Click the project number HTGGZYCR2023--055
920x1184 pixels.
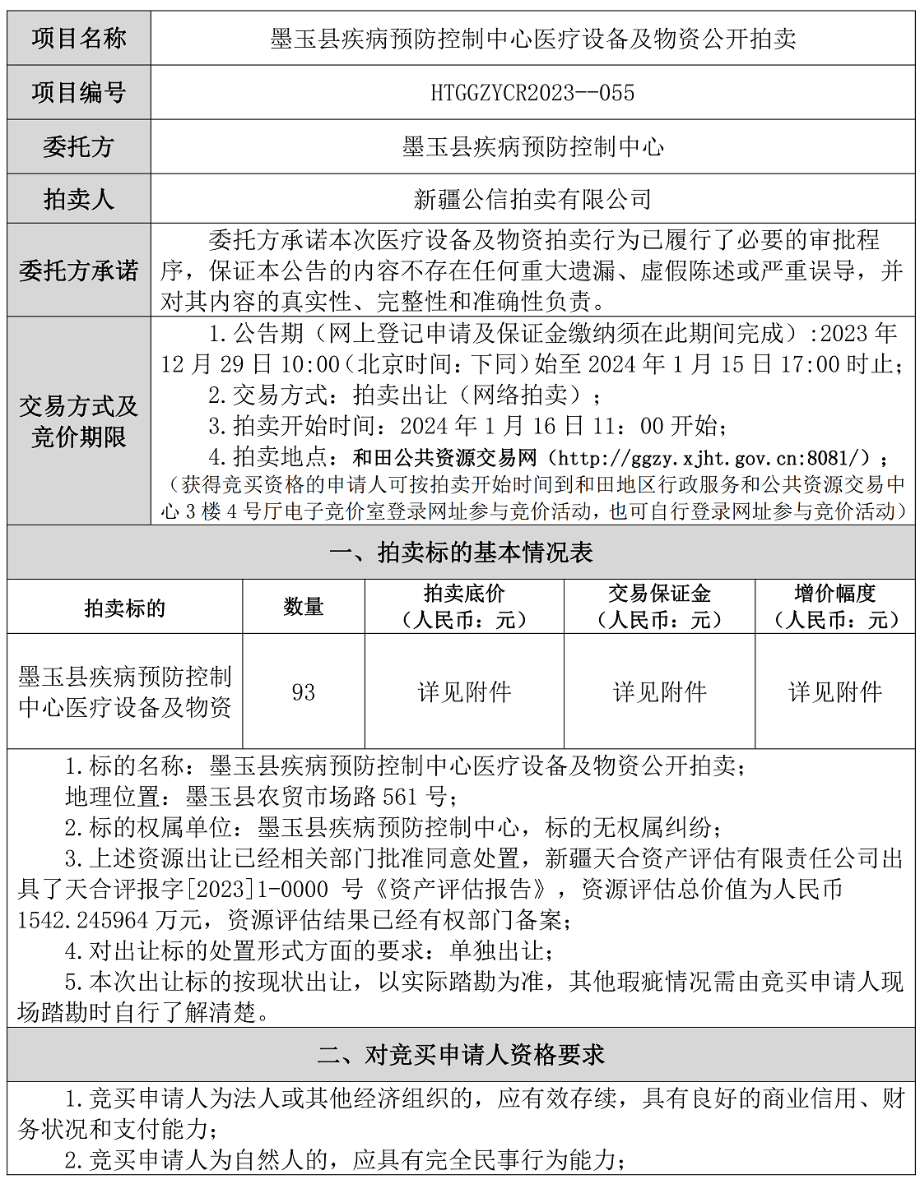pyautogui.click(x=532, y=93)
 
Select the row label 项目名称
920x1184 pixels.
pyautogui.click(x=79, y=39)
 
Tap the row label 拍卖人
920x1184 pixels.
pyautogui.click(x=79, y=199)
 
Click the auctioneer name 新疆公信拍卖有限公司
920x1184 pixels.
pyautogui.click(x=532, y=199)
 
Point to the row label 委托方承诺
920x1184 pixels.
pyautogui.click(x=79, y=271)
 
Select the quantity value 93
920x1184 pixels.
pyautogui.click(x=304, y=692)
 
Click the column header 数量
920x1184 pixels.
pyautogui.click(x=304, y=607)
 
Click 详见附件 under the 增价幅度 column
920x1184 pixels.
pyautogui.click(x=835, y=692)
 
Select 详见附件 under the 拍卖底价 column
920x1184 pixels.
pyautogui.click(x=464, y=692)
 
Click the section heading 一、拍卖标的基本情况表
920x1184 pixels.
pyautogui.click(x=461, y=553)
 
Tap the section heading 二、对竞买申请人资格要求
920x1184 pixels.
pyautogui.click(x=461, y=1055)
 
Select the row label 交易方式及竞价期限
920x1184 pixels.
pyautogui.click(x=79, y=421)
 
